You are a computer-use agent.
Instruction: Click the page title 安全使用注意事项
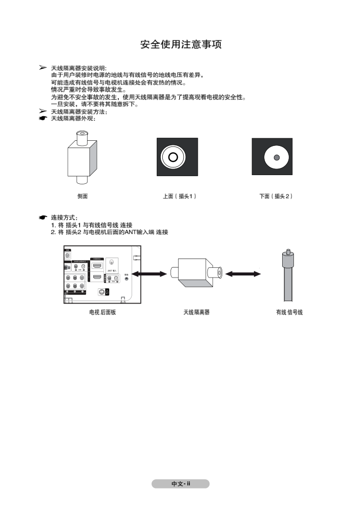[181, 45]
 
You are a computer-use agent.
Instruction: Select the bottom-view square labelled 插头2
[272, 157]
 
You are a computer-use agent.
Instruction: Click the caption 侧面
[82, 196]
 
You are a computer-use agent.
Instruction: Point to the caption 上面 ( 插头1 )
[179, 196]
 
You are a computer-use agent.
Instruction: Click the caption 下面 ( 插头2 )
[276, 196]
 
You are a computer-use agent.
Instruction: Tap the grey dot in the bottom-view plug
[277, 158]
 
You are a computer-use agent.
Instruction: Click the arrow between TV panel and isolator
[152, 274]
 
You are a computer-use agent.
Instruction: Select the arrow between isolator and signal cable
[243, 274]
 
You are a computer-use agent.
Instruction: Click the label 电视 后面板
[102, 312]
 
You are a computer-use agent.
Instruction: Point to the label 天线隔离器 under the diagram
[197, 312]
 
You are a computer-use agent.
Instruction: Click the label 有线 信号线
[289, 312]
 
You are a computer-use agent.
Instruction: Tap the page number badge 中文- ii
[180, 484]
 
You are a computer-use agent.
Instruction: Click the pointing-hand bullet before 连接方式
[43, 218]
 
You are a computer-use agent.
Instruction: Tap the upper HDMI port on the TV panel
[97, 267]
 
